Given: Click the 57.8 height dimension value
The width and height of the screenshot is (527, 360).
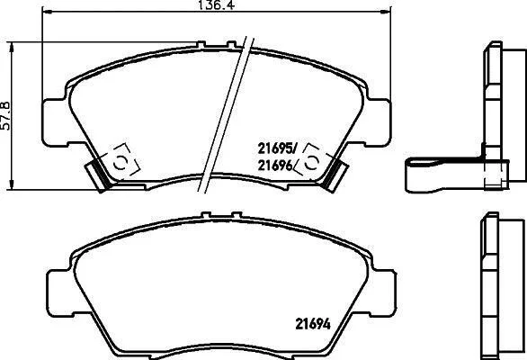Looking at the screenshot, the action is (6, 116).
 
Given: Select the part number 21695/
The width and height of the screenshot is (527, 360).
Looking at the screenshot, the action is (278, 148).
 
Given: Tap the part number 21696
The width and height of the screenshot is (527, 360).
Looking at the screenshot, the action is (274, 166).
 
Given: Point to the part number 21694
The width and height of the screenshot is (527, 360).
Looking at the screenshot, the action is (313, 324).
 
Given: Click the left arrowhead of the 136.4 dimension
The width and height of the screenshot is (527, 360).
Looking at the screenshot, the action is (48, 12).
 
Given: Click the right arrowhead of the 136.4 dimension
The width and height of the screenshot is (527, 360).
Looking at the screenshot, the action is (386, 12).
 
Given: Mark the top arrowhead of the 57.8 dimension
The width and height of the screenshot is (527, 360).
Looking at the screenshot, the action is (12, 48).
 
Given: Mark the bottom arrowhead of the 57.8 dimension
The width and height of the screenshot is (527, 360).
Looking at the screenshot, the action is (12, 184).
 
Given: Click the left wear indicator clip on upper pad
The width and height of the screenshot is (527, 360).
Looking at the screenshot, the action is (98, 175).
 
